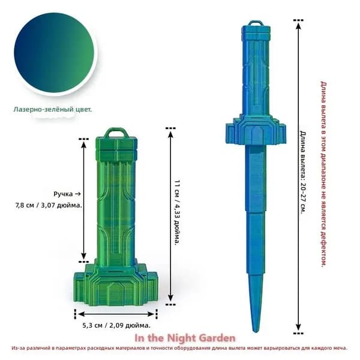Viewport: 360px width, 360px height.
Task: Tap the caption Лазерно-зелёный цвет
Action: tap(53, 109)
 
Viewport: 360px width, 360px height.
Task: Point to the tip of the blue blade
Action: tap(255, 332)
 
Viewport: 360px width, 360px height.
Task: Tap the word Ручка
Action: tap(63, 194)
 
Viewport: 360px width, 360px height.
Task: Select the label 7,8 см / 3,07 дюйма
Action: tap(49, 205)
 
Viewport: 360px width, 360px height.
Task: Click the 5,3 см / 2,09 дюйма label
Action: tap(116, 325)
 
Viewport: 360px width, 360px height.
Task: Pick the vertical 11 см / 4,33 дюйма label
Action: tap(177, 212)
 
